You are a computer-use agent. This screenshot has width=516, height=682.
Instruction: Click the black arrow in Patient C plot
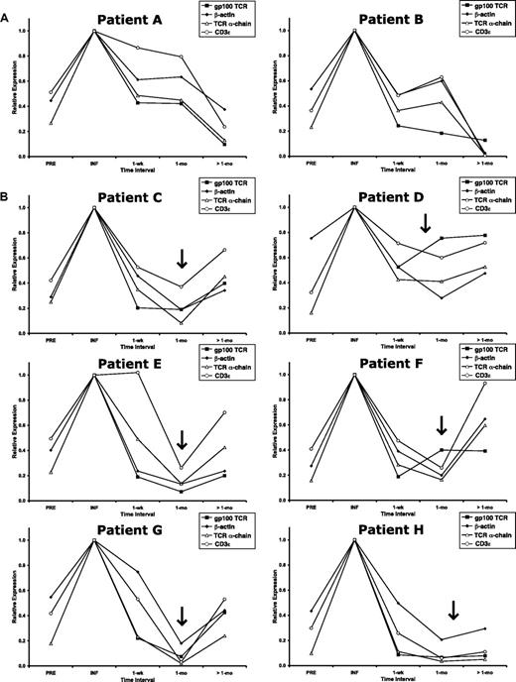coord(182,258)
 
